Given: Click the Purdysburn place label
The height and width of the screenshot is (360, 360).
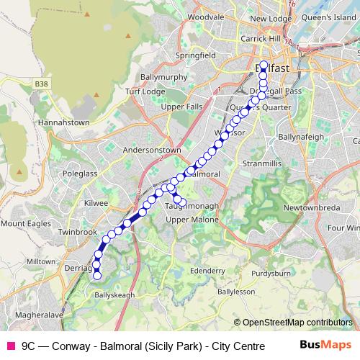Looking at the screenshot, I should (x=274, y=274).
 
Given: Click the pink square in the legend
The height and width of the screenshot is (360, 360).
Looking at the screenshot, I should (x=10, y=345).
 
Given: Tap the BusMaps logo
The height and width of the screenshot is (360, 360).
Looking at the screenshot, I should (x=325, y=345).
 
